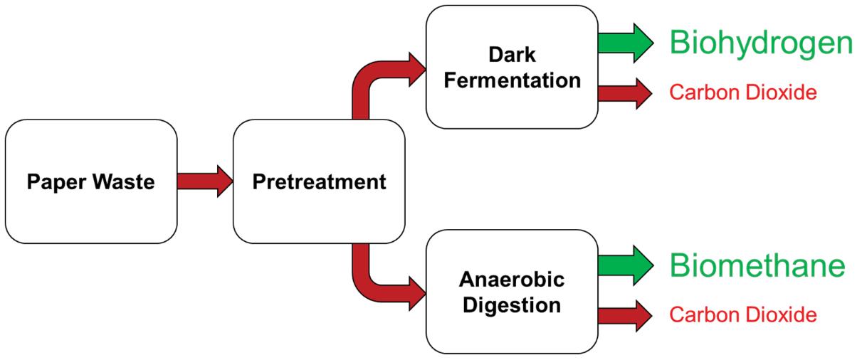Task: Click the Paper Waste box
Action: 90,181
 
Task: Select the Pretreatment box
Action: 320,181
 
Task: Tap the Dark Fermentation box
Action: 511,67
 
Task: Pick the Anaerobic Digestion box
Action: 511,292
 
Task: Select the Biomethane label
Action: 757,266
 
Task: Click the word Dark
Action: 511,55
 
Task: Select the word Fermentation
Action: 511,80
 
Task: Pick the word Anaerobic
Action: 511,280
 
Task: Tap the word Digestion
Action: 511,306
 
